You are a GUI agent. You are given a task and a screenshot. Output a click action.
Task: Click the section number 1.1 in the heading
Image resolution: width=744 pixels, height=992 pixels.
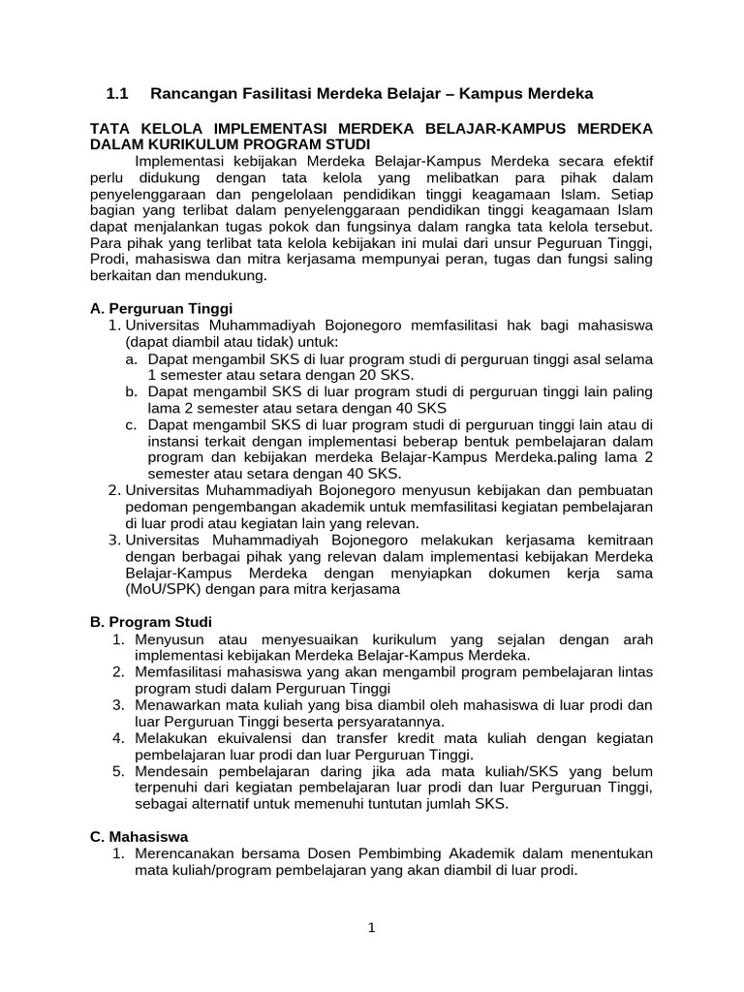(x=117, y=94)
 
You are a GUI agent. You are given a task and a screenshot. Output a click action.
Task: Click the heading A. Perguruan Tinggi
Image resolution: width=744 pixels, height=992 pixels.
(x=156, y=309)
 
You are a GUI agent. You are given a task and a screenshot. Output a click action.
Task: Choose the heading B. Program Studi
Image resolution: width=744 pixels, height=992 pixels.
(x=150, y=621)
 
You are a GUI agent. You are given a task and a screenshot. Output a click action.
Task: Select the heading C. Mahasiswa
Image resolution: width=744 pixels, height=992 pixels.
(x=139, y=836)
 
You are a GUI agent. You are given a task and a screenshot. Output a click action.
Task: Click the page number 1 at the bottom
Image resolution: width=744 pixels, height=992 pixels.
(x=371, y=927)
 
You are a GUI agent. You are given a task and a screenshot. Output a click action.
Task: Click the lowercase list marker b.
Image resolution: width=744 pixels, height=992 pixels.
(x=131, y=392)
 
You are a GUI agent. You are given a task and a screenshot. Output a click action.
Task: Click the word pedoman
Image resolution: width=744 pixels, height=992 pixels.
(x=155, y=507)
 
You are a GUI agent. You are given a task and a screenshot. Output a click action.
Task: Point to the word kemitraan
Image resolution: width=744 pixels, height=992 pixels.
(x=619, y=540)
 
